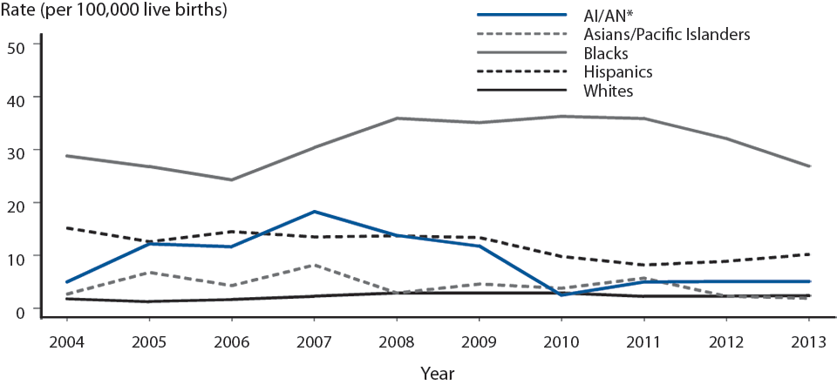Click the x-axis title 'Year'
click(436, 372)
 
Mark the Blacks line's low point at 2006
click(232, 179)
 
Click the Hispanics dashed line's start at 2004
click(67, 228)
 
